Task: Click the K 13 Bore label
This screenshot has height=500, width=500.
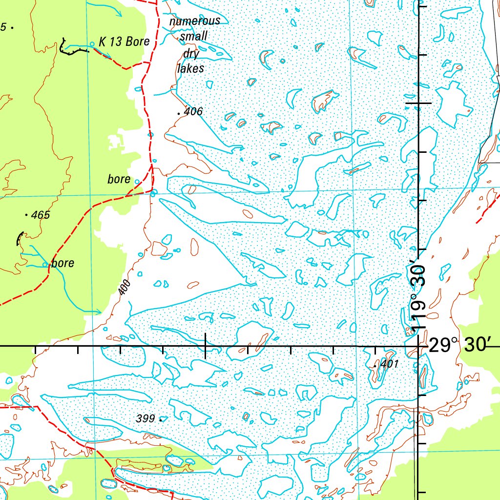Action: pyautogui.click(x=124, y=42)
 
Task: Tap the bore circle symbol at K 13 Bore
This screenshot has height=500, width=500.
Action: pyautogui.click(x=92, y=44)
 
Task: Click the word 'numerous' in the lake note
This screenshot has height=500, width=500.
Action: pyautogui.click(x=195, y=21)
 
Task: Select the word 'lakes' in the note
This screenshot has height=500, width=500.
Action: pyautogui.click(x=190, y=68)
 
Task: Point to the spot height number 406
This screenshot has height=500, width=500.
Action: pyautogui.click(x=193, y=112)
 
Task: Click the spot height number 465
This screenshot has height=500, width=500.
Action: pyautogui.click(x=41, y=215)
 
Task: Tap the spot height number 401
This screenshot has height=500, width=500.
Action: pyautogui.click(x=390, y=364)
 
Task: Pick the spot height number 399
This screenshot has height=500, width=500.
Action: pyautogui.click(x=146, y=418)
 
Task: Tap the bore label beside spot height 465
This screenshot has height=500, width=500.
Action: pyautogui.click(x=119, y=179)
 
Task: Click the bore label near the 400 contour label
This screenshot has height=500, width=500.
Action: pyautogui.click(x=63, y=263)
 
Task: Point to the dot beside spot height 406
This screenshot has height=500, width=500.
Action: pyautogui.click(x=179, y=113)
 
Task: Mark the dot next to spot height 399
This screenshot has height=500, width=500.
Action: pyautogui.click(x=161, y=418)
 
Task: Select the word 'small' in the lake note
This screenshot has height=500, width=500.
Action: pyautogui.click(x=194, y=37)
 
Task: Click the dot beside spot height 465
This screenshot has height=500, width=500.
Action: pyautogui.click(x=26, y=214)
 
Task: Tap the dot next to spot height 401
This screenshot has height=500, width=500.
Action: pyautogui.click(x=375, y=365)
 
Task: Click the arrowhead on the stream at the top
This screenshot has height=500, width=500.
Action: pyautogui.click(x=119, y=14)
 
